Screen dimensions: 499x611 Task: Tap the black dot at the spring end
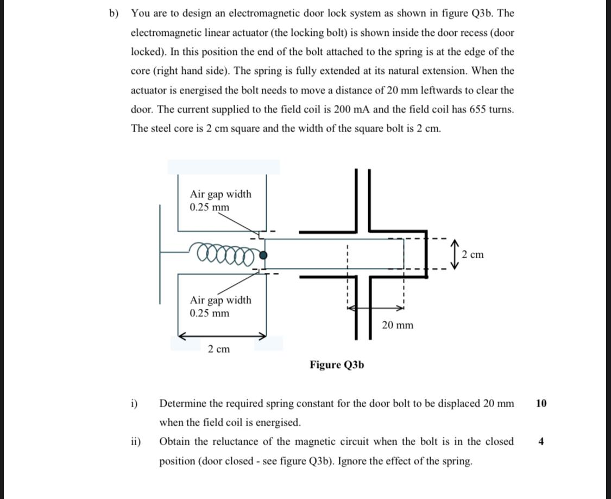tap(263, 255)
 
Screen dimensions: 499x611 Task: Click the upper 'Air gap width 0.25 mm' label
tap(221, 201)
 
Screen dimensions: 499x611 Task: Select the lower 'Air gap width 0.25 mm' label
tap(221, 307)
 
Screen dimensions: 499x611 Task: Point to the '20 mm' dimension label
tap(397, 325)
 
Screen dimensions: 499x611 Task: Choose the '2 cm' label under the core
tap(218, 349)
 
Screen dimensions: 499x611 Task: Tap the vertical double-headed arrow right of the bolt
tap(455, 254)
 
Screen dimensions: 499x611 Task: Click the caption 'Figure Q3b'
tap(337, 365)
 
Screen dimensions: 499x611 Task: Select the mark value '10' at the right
tap(541, 403)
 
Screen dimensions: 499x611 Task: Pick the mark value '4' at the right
tap(541, 441)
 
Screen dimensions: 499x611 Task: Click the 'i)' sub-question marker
tap(134, 403)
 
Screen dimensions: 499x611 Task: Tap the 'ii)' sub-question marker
tap(135, 441)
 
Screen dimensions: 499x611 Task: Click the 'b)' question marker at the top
tap(114, 13)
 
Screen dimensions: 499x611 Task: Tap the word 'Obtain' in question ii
tap(175, 441)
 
